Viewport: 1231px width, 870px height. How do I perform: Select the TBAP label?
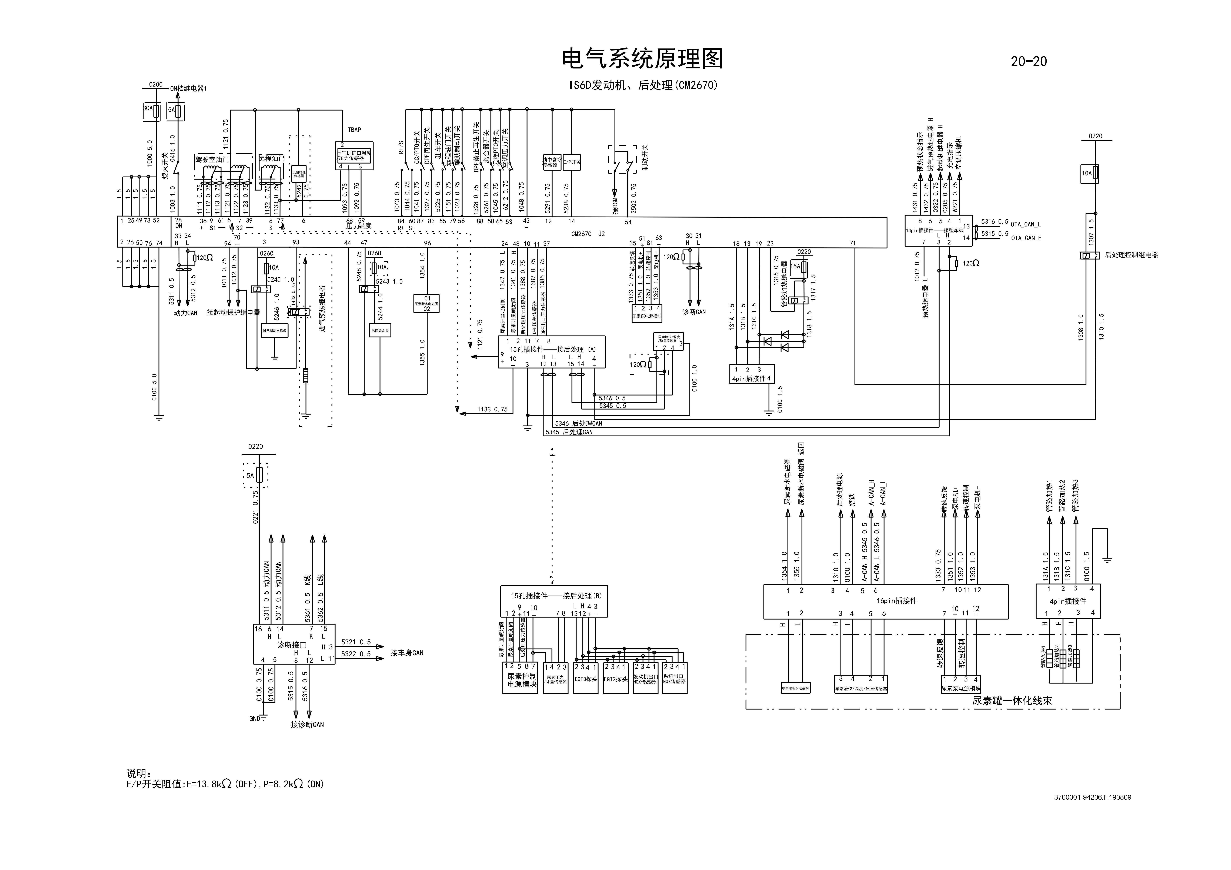(x=354, y=130)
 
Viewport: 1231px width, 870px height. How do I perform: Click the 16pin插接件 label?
(x=896, y=601)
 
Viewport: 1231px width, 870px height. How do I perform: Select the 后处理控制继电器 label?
(x=1131, y=255)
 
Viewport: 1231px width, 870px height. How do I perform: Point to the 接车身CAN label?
(x=406, y=653)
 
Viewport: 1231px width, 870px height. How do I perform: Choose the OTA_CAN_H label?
(x=1026, y=238)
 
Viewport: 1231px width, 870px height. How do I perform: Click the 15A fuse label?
(x=795, y=266)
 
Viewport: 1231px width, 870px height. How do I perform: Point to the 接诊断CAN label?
(x=307, y=725)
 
